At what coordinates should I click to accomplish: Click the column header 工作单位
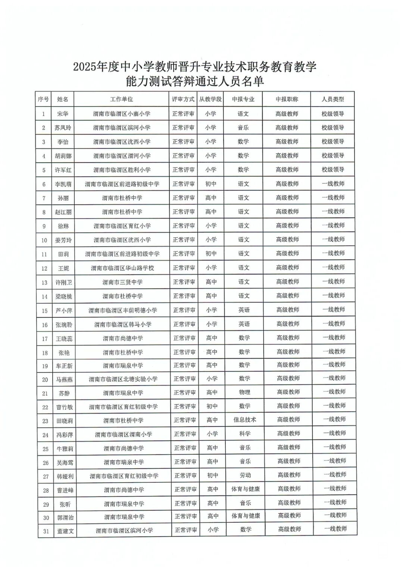121,99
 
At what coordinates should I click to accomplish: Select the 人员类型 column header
332,99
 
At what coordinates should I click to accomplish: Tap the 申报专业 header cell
243,99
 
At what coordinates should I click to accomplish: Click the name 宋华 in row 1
63,114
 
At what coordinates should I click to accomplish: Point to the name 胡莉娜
63,156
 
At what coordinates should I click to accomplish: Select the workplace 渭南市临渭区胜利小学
122,170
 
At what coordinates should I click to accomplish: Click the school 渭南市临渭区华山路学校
122,268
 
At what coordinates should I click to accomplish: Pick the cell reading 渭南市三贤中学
122,282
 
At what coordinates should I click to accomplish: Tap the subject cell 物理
244,392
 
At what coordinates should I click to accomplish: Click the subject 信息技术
245,420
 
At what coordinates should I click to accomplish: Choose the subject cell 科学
245,434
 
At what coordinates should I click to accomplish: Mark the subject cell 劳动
245,475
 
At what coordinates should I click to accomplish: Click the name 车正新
64,366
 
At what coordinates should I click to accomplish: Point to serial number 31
46,531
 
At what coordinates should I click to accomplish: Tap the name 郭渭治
65,518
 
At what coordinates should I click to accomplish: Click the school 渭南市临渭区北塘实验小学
123,379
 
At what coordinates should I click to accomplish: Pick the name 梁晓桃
63,296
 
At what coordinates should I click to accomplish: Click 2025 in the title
85,67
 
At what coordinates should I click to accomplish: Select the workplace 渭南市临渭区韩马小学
123,324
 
